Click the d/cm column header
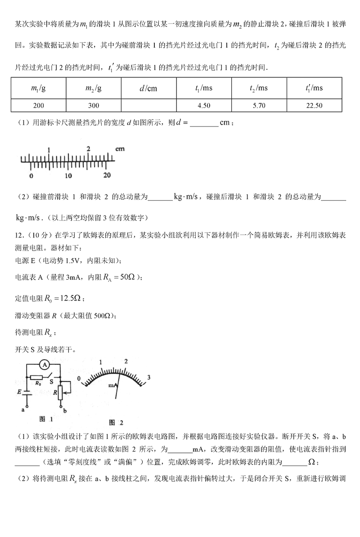point(148,88)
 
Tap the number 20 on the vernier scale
point(107,175)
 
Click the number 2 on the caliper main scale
point(89,149)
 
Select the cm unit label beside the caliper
point(120,148)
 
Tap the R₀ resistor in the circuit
point(39,378)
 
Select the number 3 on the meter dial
point(149,377)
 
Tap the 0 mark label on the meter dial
point(79,379)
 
